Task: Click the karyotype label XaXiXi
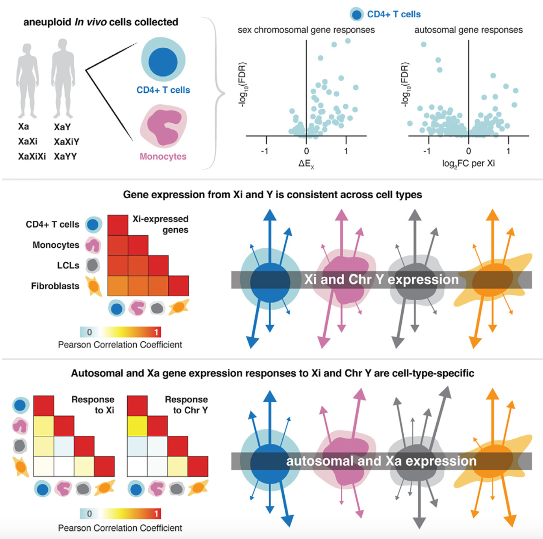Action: click(32, 156)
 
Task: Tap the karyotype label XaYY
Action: click(65, 156)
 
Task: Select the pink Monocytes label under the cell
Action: click(163, 156)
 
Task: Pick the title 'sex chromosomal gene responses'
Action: click(306, 30)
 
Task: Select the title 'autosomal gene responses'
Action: click(468, 30)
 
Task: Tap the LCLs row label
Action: click(68, 265)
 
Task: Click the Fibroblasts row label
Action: click(55, 286)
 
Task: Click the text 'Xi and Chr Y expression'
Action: click(381, 280)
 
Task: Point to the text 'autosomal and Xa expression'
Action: click(381, 461)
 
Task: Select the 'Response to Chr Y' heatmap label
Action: click(187, 405)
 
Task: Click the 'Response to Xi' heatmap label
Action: click(93, 405)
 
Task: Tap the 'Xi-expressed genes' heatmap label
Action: click(161, 224)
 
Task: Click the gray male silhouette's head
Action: click(62, 45)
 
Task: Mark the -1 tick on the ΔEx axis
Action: click(265, 151)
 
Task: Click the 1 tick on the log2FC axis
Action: click(508, 151)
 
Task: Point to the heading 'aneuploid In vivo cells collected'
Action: click(101, 22)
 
